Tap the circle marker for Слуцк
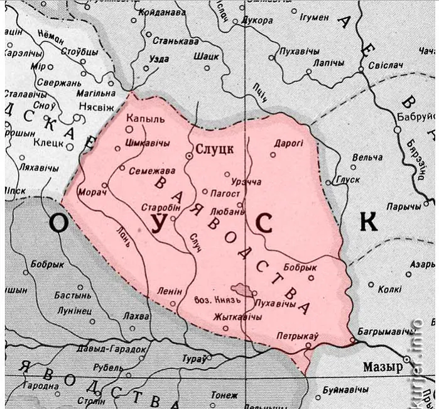point(189,155)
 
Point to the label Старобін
point(162,207)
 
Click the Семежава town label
point(148,170)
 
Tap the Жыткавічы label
point(237,317)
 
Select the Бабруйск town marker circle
point(397,129)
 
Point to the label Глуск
point(347,179)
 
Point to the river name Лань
point(123,236)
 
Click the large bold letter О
point(57,224)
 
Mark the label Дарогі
point(288,143)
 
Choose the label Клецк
point(48,143)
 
